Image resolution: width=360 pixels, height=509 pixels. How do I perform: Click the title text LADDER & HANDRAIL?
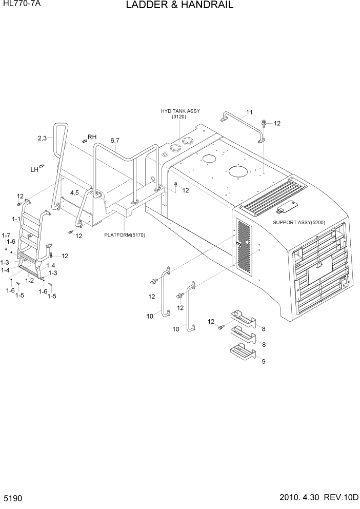click(x=179, y=6)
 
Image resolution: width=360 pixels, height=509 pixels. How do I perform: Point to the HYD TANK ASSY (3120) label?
click(x=180, y=114)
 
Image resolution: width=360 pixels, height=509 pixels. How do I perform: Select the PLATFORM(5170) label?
click(x=125, y=236)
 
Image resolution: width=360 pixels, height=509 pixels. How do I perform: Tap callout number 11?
click(x=249, y=112)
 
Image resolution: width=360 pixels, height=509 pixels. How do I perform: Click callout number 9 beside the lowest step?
click(x=264, y=361)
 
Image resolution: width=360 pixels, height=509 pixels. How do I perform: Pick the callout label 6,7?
click(x=114, y=141)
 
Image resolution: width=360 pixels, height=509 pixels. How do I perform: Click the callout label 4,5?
click(x=74, y=192)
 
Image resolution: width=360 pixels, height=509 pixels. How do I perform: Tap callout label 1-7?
click(x=6, y=235)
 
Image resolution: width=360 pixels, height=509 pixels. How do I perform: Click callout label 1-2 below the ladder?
click(x=30, y=280)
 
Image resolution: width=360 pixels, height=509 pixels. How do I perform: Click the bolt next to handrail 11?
click(x=264, y=123)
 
